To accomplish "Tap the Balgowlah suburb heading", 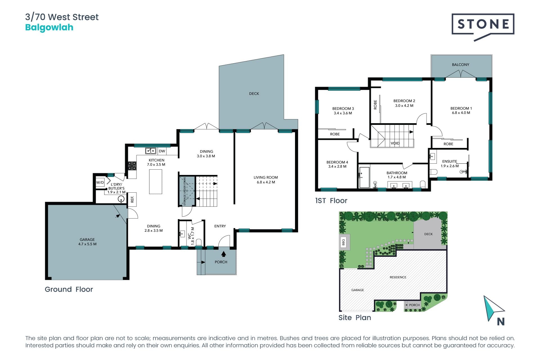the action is click(x=49, y=28).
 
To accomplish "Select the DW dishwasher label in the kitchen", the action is click(x=162, y=151).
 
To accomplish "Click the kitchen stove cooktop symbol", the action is click(x=132, y=166).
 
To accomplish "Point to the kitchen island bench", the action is click(x=156, y=182).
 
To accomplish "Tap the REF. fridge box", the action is click(x=132, y=199).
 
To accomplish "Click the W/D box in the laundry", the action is click(x=100, y=182).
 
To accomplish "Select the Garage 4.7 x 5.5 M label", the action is click(x=87, y=242).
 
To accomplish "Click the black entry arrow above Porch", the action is click(x=224, y=254).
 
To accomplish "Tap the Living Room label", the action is click(x=266, y=180).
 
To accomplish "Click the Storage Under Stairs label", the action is click(x=185, y=191).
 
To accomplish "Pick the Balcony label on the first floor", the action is click(x=460, y=65).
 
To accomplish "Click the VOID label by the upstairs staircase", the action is click(x=395, y=143).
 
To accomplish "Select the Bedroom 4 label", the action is click(x=337, y=164).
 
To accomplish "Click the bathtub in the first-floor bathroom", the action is click(x=364, y=177).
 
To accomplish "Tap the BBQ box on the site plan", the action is click(x=343, y=242).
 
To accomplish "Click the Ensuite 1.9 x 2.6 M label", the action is click(x=450, y=164).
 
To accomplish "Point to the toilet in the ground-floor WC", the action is click(x=199, y=242).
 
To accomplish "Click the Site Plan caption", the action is click(x=355, y=318).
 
